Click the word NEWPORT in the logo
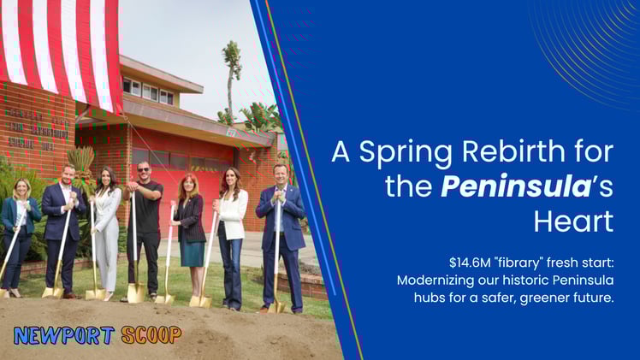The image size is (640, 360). pyautogui.click(x=52, y=334)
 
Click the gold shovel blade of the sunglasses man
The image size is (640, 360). pyautogui.click(x=135, y=292)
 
